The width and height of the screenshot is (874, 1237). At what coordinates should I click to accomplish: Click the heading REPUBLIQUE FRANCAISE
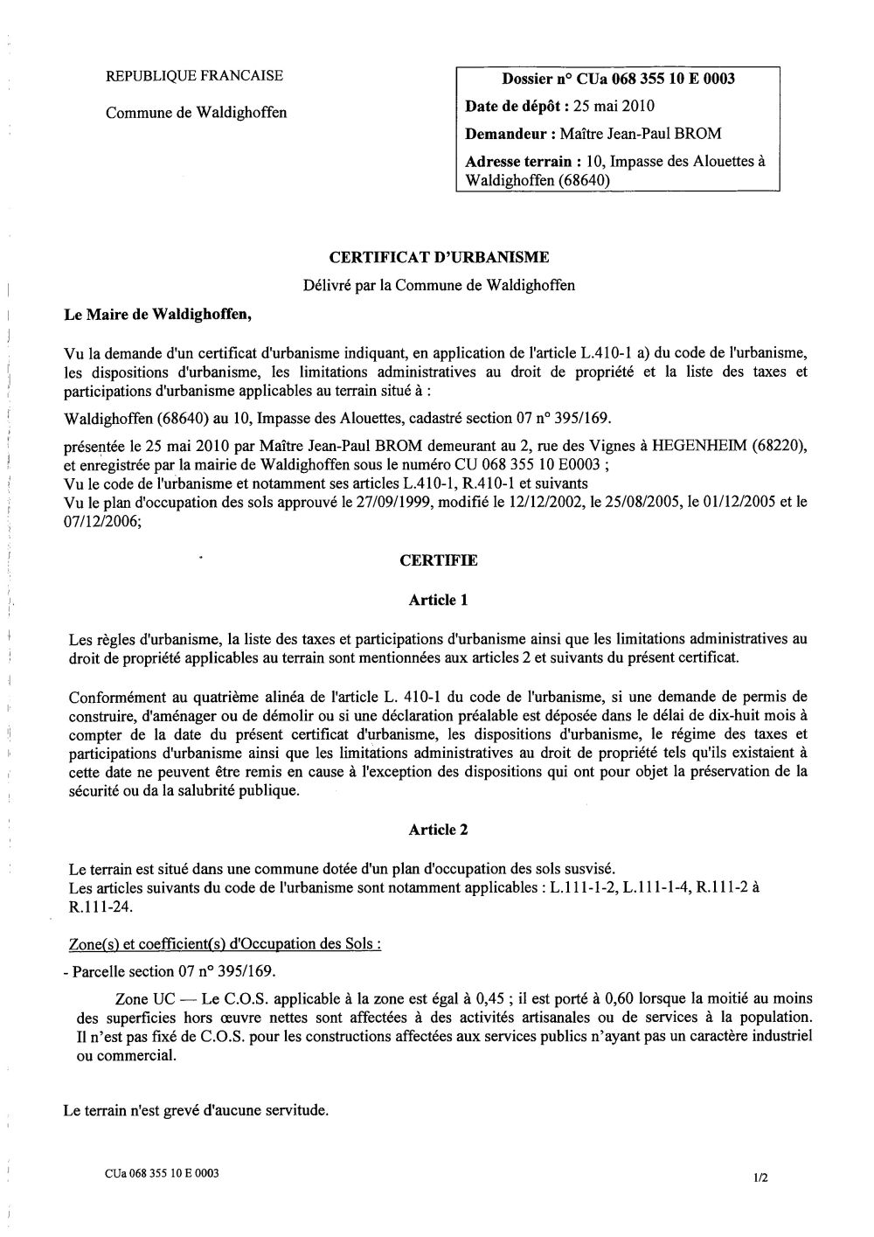194,76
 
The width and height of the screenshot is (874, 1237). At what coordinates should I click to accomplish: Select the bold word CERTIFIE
439,561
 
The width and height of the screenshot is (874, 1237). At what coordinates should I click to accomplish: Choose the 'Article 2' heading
439,830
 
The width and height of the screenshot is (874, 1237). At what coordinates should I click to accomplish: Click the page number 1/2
760,1178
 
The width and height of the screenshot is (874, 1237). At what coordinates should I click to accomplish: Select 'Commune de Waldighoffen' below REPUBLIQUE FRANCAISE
196,113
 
